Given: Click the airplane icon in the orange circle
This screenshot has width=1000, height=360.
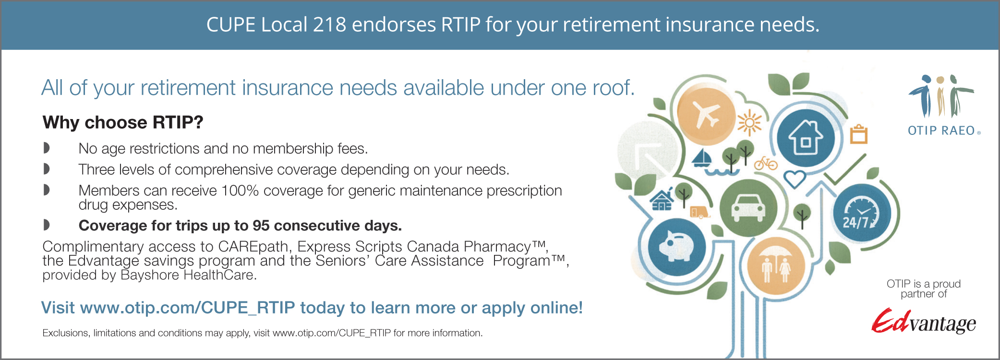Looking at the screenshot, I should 706,114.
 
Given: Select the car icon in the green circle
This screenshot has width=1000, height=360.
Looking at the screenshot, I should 748,207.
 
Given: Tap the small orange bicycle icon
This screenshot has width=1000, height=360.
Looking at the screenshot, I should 766,163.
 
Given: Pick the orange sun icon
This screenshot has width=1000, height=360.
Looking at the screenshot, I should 749,123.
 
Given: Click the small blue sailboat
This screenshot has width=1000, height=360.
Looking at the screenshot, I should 702,158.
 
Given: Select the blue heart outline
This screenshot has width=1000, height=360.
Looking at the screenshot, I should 795,179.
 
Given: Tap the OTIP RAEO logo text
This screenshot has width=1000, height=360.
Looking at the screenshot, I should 941,131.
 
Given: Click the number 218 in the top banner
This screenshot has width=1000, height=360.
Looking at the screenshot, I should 329,25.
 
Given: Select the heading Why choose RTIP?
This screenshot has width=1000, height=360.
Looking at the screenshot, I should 123,122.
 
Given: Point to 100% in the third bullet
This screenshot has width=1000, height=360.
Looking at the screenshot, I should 240,191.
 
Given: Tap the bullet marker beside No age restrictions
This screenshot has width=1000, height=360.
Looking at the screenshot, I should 47,148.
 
